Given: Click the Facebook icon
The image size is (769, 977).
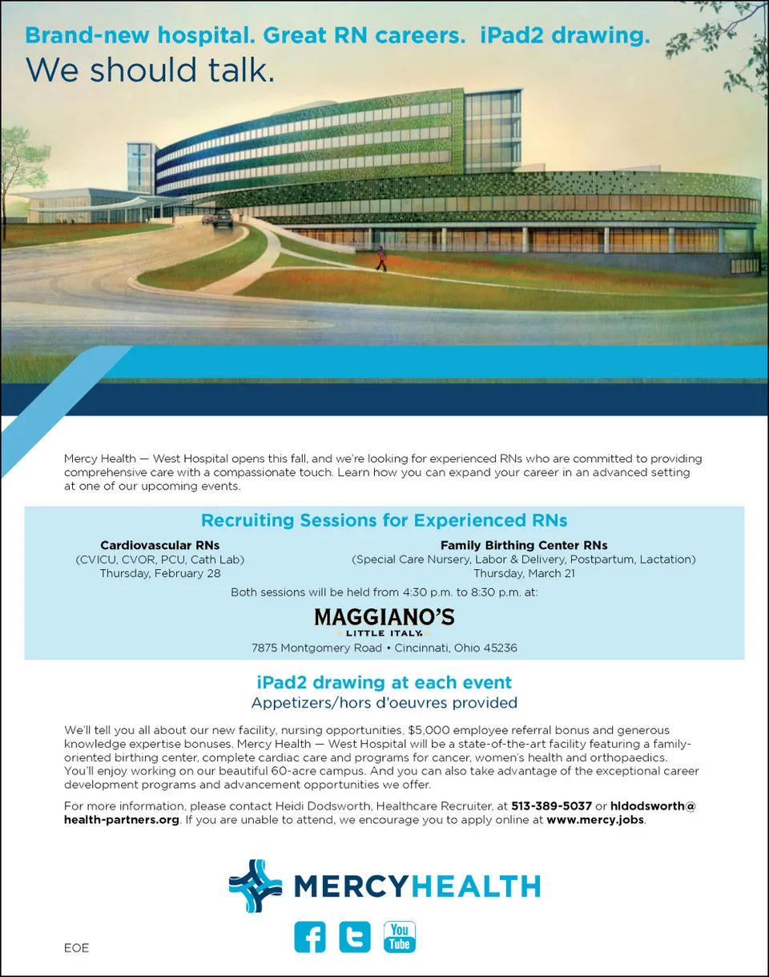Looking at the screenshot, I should [x=310, y=937].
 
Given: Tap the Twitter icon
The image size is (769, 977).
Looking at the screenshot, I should [x=355, y=937].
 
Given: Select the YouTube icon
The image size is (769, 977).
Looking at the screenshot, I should [x=400, y=937].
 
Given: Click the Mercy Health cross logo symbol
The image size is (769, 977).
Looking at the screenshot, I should [x=255, y=886].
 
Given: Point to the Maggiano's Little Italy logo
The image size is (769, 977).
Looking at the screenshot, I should [x=384, y=621].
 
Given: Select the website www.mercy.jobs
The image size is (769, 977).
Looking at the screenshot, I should [x=595, y=821].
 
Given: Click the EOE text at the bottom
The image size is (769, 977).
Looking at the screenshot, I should [x=77, y=948].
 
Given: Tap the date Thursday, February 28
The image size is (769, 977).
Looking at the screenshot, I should [x=160, y=573].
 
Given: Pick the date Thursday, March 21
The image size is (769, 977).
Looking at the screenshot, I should [x=524, y=573].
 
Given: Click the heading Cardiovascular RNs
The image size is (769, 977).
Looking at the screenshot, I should [x=159, y=545].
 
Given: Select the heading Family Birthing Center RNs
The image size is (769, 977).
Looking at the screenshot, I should [x=524, y=545].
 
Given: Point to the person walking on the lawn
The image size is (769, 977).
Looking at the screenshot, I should [x=381, y=258].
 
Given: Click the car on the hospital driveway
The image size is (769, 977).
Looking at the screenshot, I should [x=221, y=217].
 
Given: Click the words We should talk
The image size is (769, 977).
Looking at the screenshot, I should [x=150, y=70].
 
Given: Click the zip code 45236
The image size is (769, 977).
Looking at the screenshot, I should [x=499, y=648].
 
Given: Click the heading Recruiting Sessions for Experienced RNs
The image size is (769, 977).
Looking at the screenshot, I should [x=384, y=520].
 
